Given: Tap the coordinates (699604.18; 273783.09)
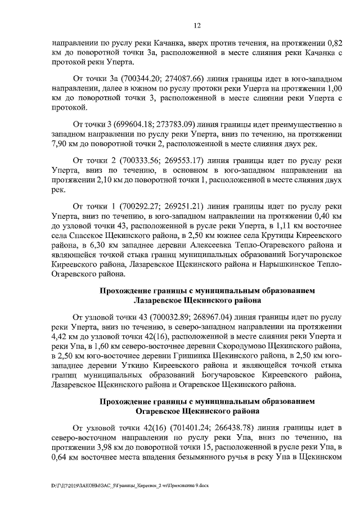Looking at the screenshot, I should [x=153, y=123].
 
